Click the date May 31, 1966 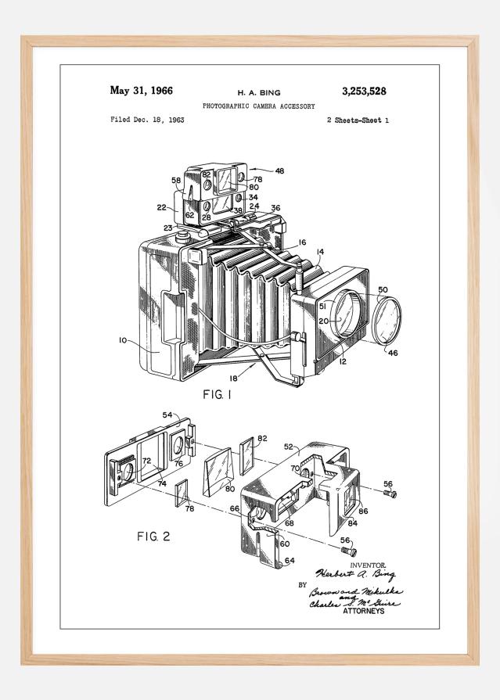[x=142, y=91]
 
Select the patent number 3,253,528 [x=363, y=91]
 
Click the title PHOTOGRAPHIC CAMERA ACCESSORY [x=258, y=106]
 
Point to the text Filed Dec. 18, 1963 [x=148, y=120]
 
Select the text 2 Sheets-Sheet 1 [x=357, y=120]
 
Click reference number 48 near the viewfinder [x=279, y=171]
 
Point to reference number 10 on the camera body [x=123, y=340]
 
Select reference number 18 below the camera [x=233, y=378]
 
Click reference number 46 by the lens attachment [x=393, y=354]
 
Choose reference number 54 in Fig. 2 [x=167, y=415]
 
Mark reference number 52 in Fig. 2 [x=288, y=447]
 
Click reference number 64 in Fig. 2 [x=289, y=560]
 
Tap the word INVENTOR [x=368, y=564]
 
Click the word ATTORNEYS [x=364, y=611]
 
